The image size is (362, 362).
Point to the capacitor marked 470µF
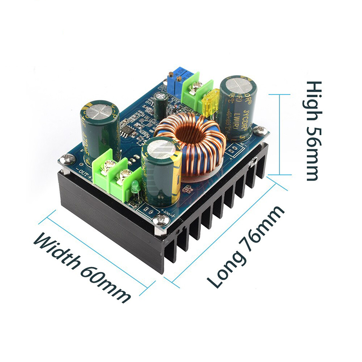pyautogui.click(x=100, y=127)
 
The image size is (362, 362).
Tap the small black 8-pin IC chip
pyautogui.click(x=129, y=132)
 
